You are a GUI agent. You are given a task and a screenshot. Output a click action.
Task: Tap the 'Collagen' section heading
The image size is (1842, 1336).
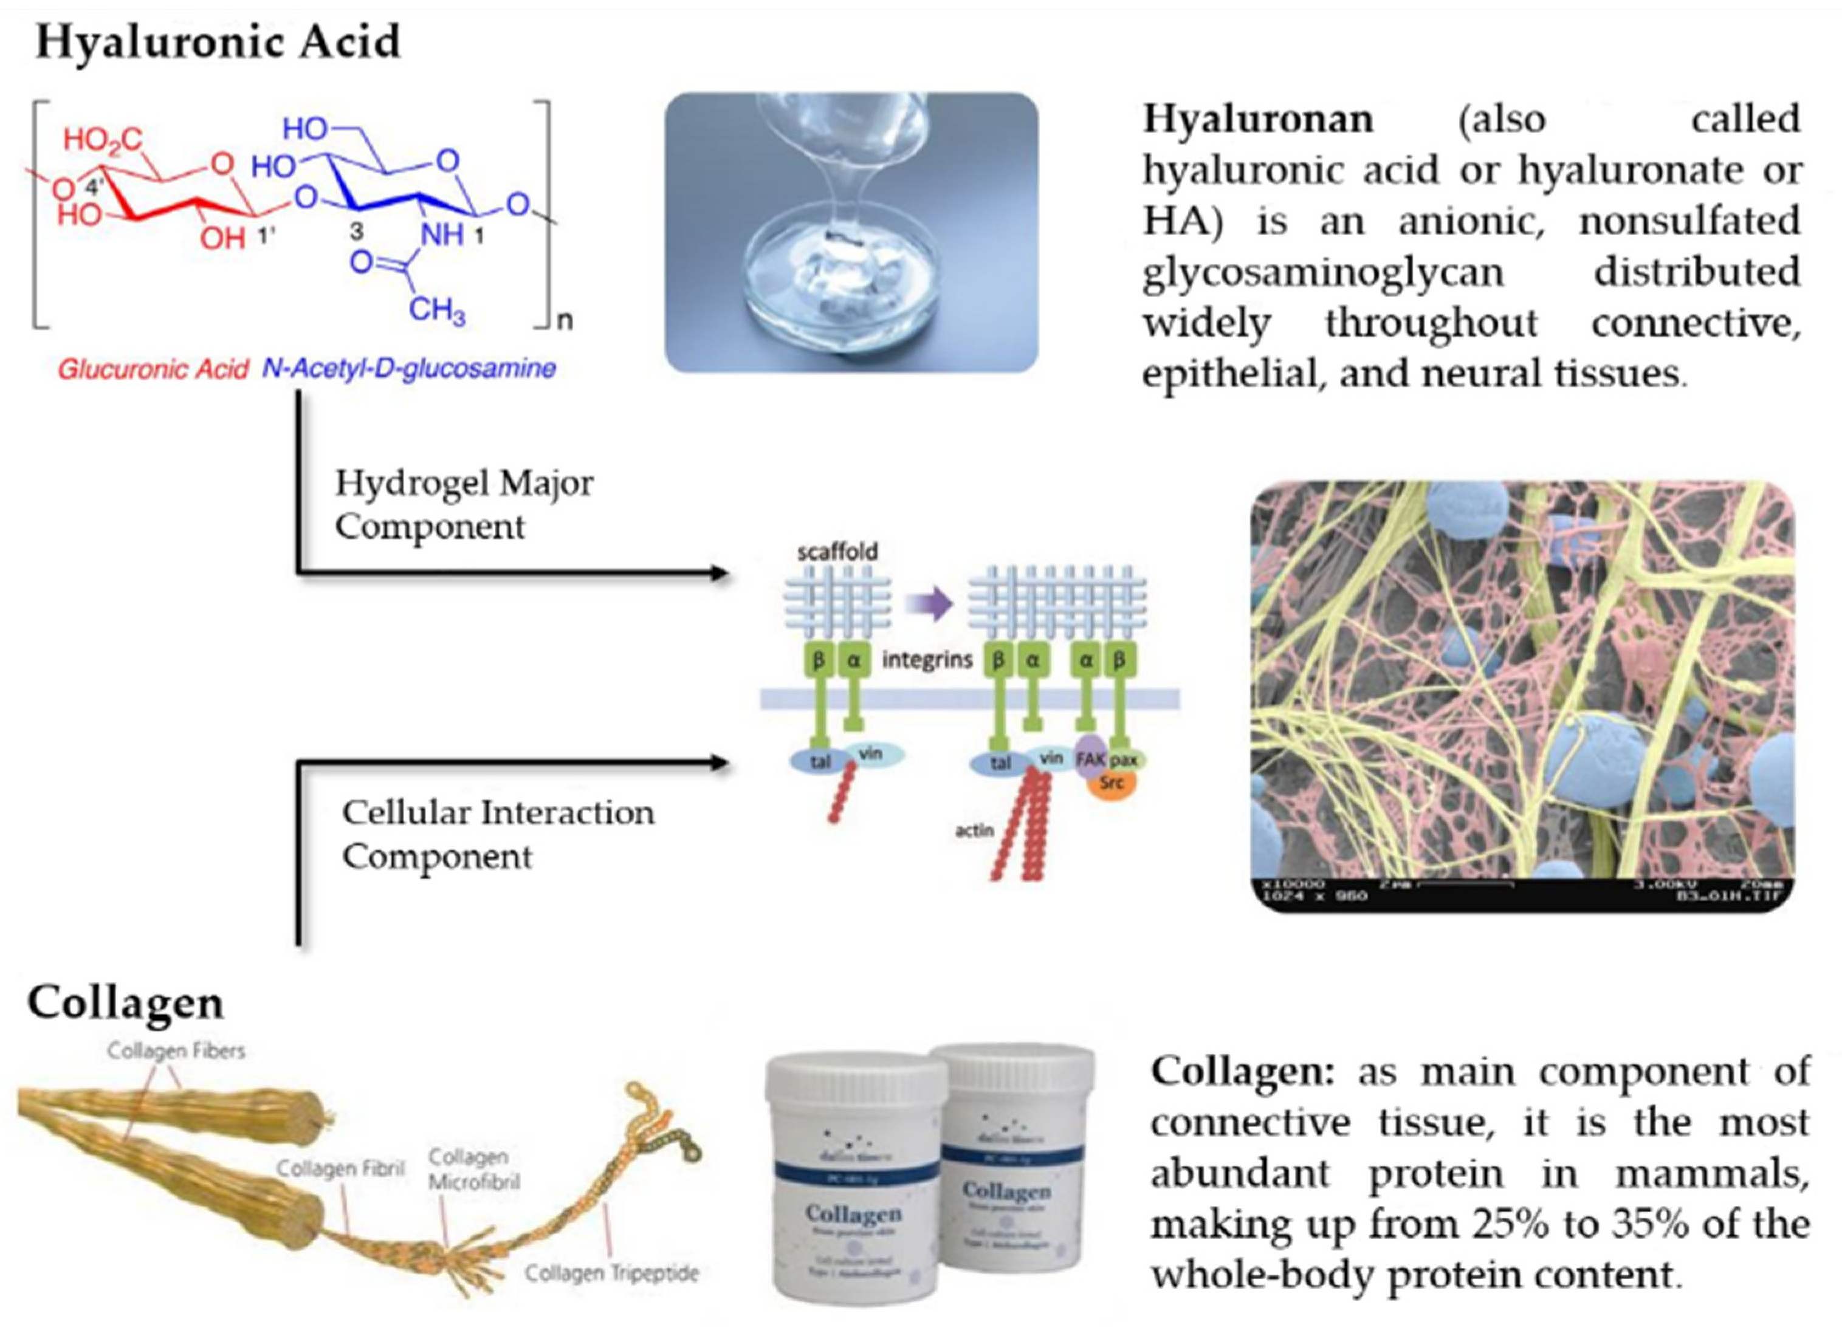(126, 1002)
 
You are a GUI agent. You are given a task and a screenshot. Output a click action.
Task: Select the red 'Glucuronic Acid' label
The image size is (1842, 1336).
(153, 369)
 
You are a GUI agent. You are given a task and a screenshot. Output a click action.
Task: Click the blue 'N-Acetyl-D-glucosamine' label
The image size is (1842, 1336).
(408, 369)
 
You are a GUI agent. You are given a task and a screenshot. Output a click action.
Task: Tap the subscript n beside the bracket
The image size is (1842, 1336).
(565, 321)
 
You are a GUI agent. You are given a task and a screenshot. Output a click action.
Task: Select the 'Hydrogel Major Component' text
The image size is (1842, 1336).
(464, 504)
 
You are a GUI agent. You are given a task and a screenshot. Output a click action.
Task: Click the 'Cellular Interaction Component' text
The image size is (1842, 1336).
(497, 834)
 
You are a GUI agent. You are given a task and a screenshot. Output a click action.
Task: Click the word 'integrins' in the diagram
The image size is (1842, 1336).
(927, 659)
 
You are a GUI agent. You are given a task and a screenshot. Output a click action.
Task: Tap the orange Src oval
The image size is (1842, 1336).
(1112, 783)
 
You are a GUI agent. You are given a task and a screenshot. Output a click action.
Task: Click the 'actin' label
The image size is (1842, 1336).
(974, 830)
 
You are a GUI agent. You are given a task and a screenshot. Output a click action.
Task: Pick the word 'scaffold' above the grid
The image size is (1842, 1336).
(837, 552)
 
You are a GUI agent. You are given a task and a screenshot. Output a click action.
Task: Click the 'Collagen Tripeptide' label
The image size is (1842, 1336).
(611, 1273)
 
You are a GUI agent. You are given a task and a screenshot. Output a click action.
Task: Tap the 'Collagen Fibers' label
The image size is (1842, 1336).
(176, 1051)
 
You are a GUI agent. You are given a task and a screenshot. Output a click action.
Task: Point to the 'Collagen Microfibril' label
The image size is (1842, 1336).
(473, 1169)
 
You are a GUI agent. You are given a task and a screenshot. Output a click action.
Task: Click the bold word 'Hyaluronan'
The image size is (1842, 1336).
(1258, 120)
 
